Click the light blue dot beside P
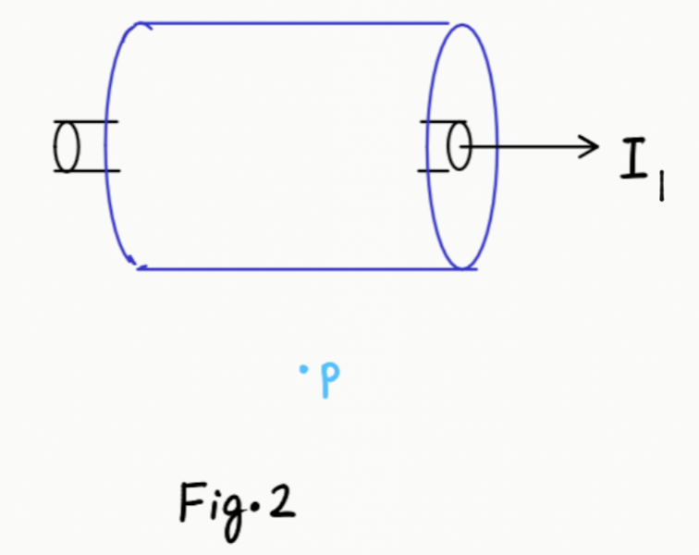tap(302, 372)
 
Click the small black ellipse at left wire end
tap(66, 146)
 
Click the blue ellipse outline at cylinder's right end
tap(497, 146)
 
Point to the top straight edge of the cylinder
tap(296, 23)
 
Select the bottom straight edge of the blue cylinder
tap(296, 269)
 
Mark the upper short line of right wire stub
tap(435, 122)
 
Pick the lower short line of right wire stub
tap(435, 170)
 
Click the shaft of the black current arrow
tap(527, 146)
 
